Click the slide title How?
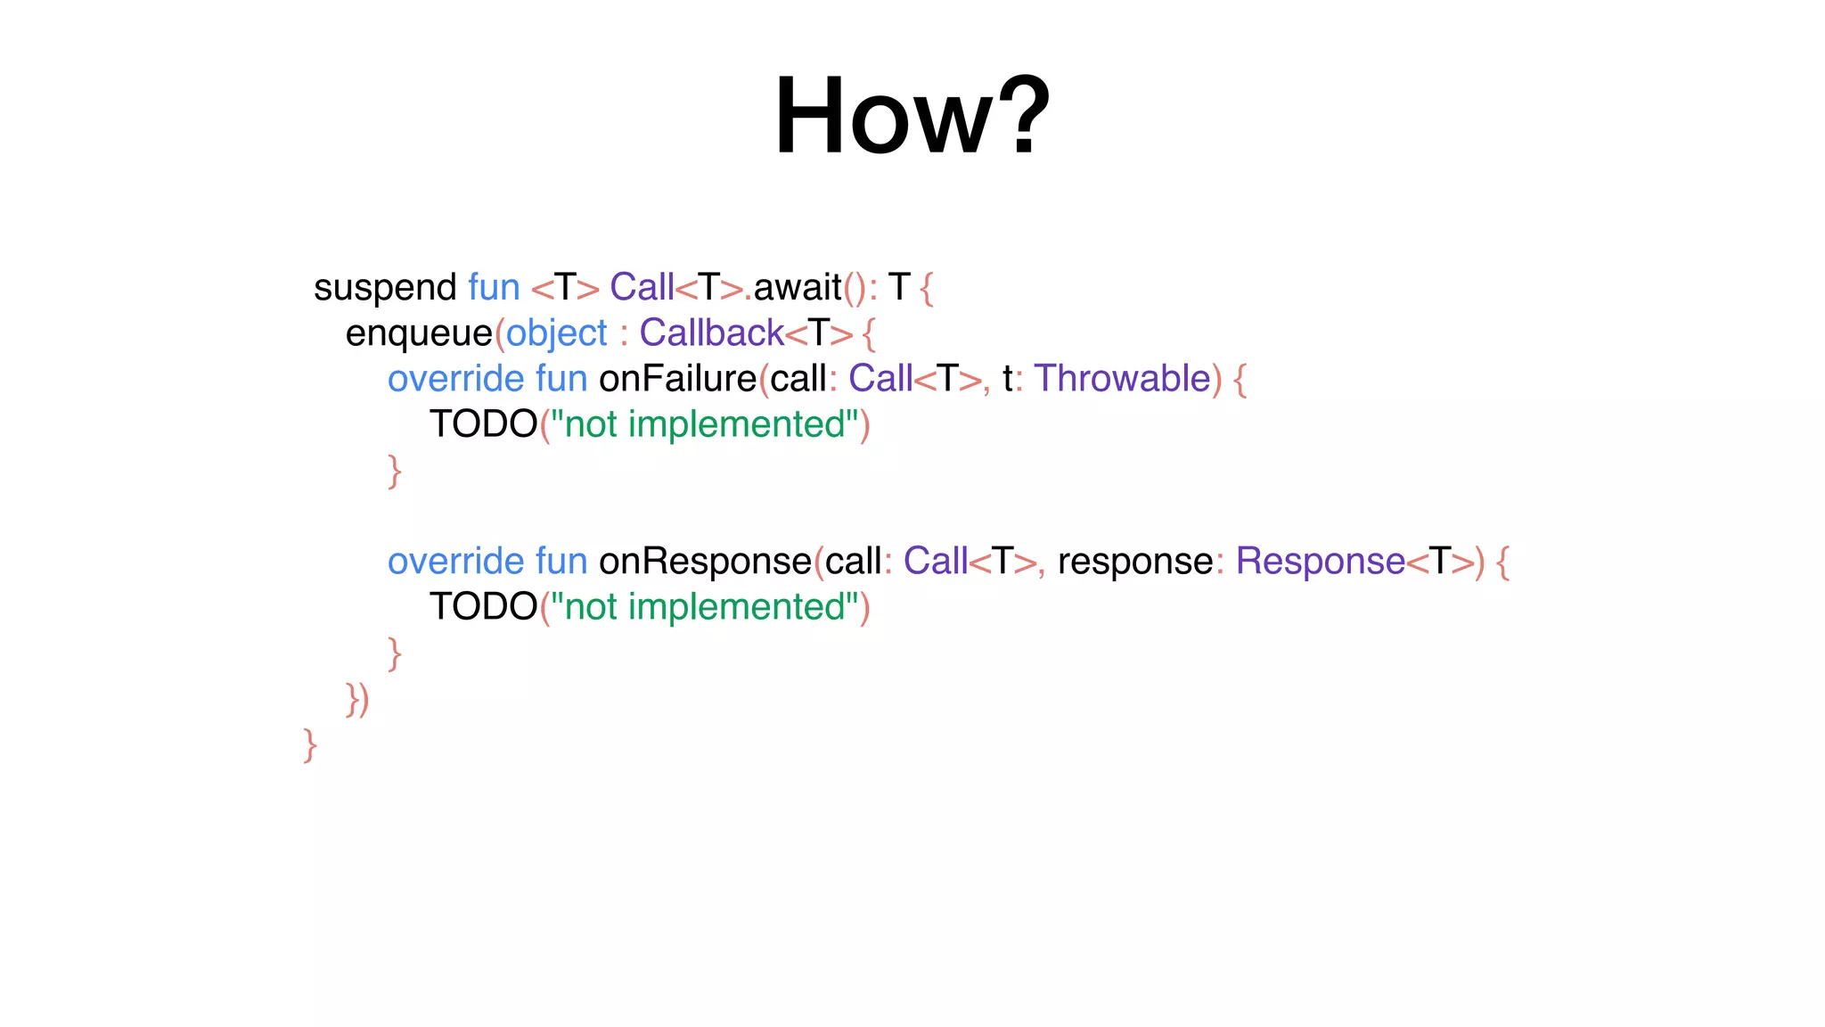pyautogui.click(x=912, y=117)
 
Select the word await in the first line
pyautogui.click(x=798, y=288)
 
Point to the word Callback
pyautogui.click(x=711, y=333)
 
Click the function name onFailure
pyautogui.click(x=677, y=379)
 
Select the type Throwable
pyautogui.click(x=1122, y=379)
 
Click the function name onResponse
pyautogui.click(x=705, y=562)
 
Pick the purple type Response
pyautogui.click(x=1320, y=562)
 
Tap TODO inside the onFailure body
pyautogui.click(x=483, y=424)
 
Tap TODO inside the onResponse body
pyautogui.click(x=483, y=607)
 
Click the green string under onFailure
pyautogui.click(x=704, y=424)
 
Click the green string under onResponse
pyautogui.click(x=704, y=607)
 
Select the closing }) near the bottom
pyautogui.click(x=357, y=700)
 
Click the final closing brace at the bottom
pyautogui.click(x=310, y=745)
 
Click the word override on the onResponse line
pyautogui.click(x=455, y=562)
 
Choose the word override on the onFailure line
pyautogui.click(x=455, y=379)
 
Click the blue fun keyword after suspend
pyautogui.click(x=494, y=288)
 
